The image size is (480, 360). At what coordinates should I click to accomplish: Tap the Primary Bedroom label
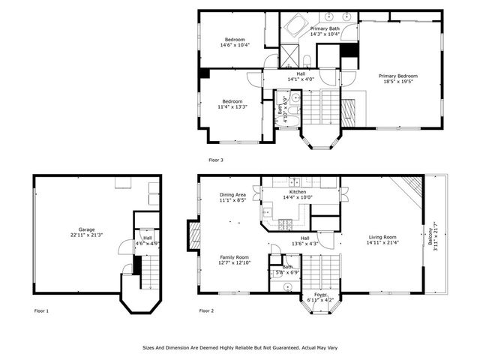click(397, 79)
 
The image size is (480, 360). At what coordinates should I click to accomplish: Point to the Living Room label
click(382, 239)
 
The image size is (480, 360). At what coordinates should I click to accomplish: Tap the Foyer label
click(320, 297)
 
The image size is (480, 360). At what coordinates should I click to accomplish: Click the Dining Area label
click(232, 198)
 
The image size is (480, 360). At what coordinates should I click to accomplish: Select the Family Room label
click(234, 259)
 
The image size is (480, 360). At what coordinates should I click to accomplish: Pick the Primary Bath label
click(325, 31)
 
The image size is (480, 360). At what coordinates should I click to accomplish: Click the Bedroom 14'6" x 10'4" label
click(234, 42)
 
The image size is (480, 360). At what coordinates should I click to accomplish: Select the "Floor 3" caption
click(216, 160)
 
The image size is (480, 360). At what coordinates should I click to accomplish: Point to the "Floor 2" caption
click(206, 310)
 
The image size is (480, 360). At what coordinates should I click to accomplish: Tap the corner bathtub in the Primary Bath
click(295, 28)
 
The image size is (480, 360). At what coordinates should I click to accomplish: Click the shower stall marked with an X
click(289, 55)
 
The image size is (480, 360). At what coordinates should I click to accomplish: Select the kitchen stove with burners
click(286, 223)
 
